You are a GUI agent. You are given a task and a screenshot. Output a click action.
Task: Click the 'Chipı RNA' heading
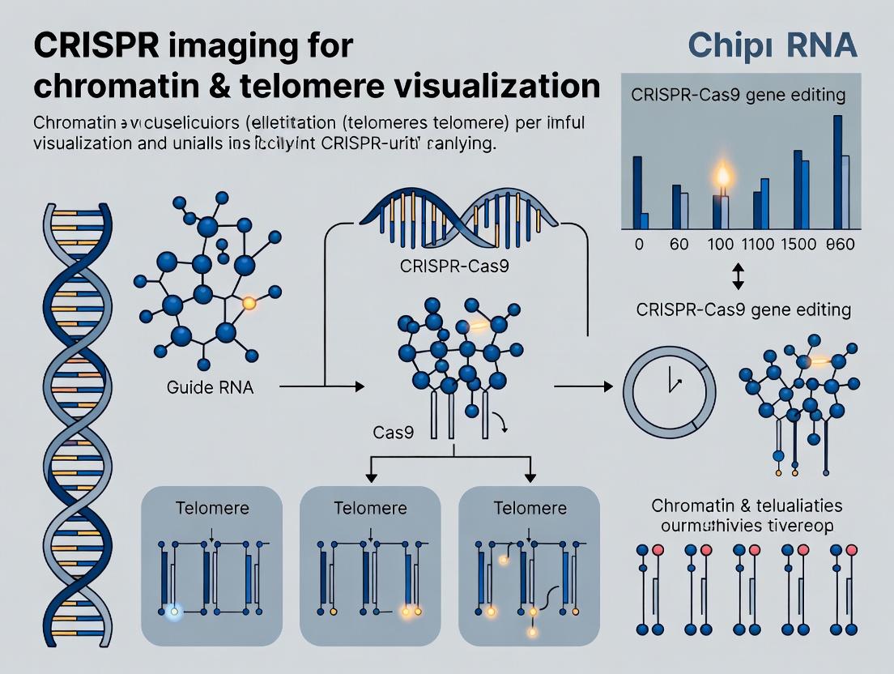click(772, 45)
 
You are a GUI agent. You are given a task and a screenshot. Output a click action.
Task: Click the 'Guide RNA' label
click(210, 387)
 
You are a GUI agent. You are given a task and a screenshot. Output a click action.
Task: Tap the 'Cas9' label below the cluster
click(394, 433)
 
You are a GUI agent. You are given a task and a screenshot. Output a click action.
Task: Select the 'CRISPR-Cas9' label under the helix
click(454, 267)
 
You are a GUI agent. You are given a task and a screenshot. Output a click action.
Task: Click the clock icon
click(670, 387)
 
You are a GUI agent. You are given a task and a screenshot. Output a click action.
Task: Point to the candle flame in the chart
click(721, 177)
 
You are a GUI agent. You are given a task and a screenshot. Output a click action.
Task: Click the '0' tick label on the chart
click(639, 245)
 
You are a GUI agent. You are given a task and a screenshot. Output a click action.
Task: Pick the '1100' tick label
click(760, 245)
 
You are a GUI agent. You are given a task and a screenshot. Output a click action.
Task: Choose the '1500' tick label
click(802, 245)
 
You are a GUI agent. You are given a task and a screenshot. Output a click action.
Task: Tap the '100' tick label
click(720, 245)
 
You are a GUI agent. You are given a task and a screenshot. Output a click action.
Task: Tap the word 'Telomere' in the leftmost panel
click(211, 509)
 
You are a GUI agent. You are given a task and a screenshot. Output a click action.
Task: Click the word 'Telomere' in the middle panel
click(370, 509)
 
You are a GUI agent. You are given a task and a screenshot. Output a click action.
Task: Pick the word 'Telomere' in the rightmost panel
click(530, 509)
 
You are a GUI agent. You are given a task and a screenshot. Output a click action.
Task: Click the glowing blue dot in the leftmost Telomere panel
click(172, 612)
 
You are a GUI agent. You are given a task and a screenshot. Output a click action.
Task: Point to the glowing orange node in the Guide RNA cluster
click(249, 303)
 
